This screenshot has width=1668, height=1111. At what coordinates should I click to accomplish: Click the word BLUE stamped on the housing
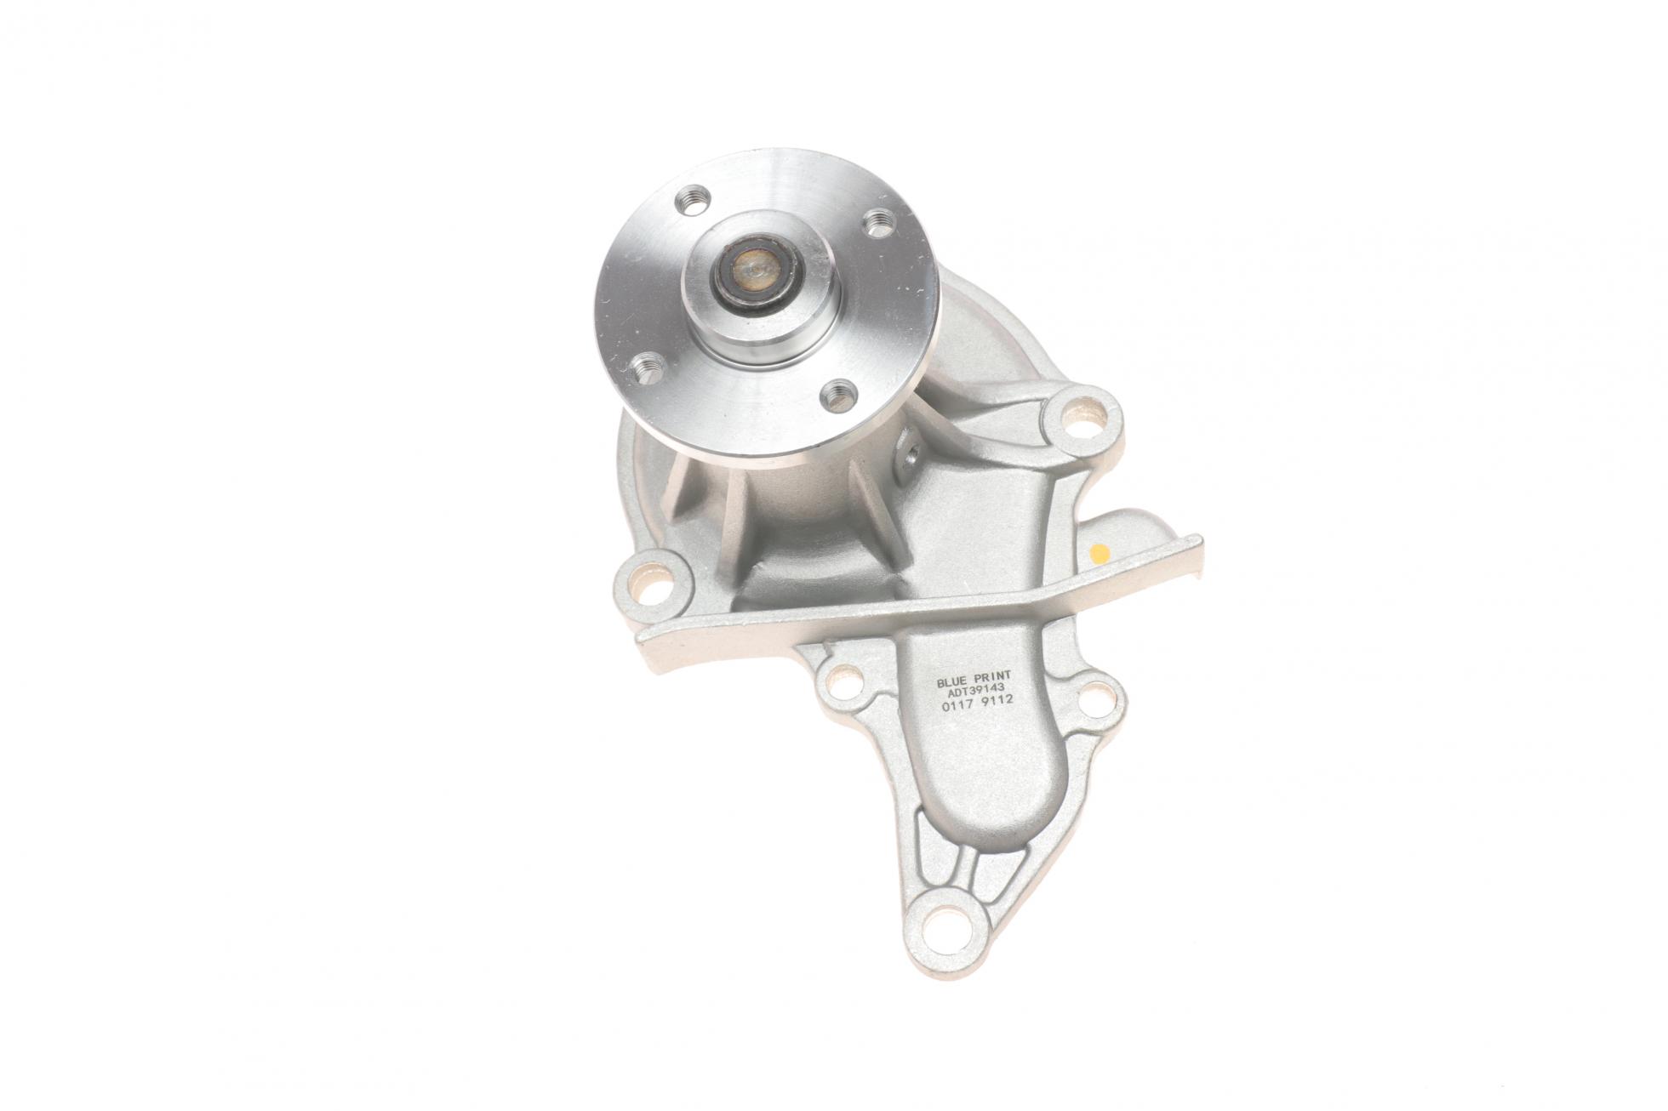(x=952, y=659)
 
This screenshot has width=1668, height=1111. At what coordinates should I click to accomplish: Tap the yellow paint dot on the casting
(x=1099, y=552)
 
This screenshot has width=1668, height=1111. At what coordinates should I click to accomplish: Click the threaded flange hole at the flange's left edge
(x=647, y=368)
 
